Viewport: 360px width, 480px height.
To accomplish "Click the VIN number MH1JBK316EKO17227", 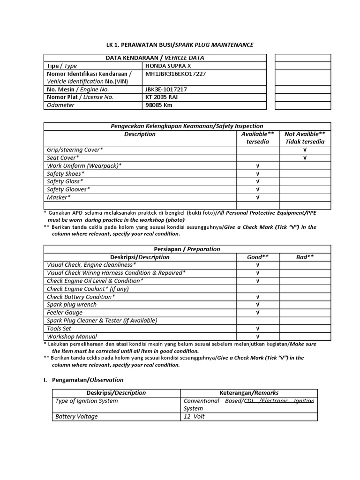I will [x=175, y=74].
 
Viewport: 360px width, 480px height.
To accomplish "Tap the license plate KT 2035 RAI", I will [x=162, y=97].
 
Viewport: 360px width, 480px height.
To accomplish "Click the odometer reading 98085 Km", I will [x=159, y=105].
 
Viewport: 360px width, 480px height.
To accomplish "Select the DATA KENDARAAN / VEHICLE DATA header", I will [x=155, y=58].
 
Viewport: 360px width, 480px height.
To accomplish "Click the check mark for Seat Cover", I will [x=305, y=157].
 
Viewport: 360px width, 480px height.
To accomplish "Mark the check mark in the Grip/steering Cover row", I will [x=305, y=150].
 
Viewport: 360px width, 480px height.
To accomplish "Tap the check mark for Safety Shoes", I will [x=257, y=173].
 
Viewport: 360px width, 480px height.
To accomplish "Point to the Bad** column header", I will [x=305, y=257].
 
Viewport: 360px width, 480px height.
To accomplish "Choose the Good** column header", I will [x=257, y=257].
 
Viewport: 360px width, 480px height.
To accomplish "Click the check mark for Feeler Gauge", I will [x=257, y=313].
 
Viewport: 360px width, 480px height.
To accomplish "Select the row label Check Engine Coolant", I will [x=88, y=289].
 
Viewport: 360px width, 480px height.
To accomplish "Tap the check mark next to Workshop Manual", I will [x=257, y=337].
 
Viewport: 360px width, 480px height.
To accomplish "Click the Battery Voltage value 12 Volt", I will [x=194, y=416].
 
